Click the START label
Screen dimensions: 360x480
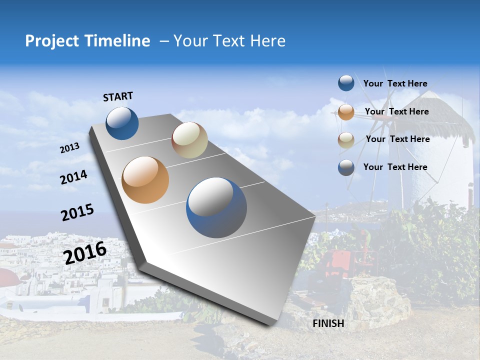point(118,96)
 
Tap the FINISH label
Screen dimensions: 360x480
point(328,323)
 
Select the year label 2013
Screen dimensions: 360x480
point(69,148)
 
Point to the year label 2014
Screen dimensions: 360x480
point(73,177)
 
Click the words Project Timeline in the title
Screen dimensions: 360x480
point(87,41)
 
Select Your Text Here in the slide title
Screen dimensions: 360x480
point(229,41)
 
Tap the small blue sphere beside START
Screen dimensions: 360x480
point(122,123)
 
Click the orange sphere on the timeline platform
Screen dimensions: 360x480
point(145,180)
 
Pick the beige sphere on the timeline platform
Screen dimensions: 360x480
point(189,140)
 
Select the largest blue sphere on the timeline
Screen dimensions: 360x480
point(216,207)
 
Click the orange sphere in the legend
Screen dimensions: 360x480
point(346,112)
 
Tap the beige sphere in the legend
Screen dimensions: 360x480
point(346,140)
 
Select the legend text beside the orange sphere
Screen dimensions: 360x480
point(396,111)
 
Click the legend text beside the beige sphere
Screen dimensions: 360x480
point(397,139)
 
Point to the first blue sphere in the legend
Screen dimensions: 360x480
point(346,83)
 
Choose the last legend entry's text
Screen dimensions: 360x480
point(395,167)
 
